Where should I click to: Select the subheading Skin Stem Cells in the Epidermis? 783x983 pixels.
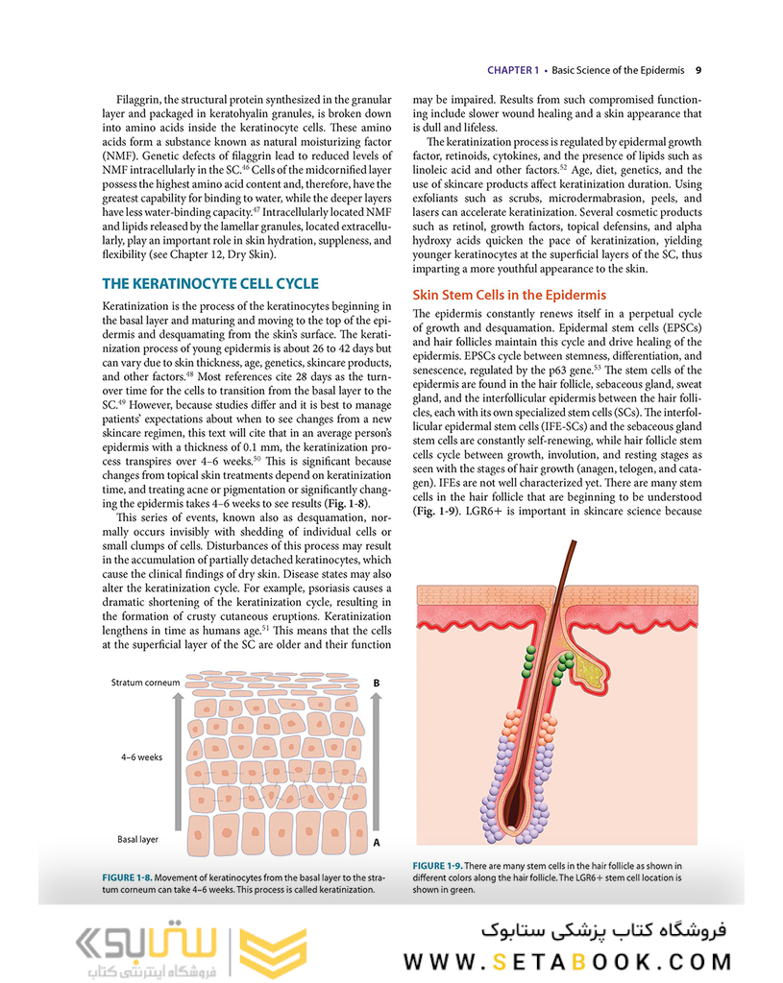[508, 295]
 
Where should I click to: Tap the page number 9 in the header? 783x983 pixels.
[698, 70]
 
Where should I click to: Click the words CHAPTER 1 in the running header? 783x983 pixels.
[513, 70]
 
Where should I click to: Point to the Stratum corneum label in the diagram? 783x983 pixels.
[143, 683]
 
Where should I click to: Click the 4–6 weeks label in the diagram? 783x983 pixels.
[141, 756]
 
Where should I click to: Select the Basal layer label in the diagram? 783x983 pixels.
[137, 839]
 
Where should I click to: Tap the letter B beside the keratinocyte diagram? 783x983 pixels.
[377, 683]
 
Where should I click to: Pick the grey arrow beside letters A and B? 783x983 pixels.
[377, 763]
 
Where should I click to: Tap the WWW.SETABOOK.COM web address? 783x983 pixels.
[567, 961]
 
